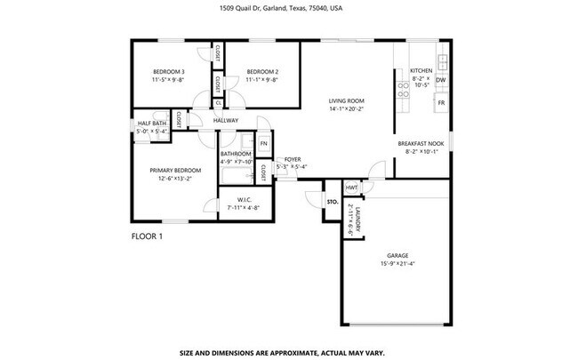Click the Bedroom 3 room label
(x=168, y=72)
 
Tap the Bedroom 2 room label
(x=262, y=72)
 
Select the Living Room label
(x=347, y=101)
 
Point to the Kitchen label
(x=421, y=70)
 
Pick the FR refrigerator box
(x=441, y=103)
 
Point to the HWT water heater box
(x=351, y=188)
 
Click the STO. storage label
(x=332, y=202)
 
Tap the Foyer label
(x=292, y=159)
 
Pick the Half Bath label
(x=152, y=124)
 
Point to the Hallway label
(x=226, y=121)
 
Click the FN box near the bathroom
(x=263, y=142)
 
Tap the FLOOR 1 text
(x=148, y=236)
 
